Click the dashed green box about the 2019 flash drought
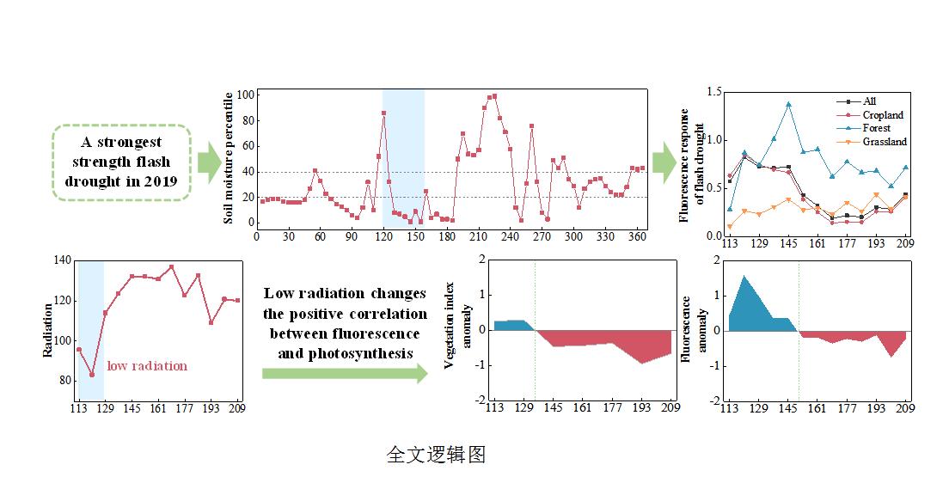coord(121,162)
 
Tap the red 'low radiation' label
coord(147,366)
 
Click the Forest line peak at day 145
coord(788,104)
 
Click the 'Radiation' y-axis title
coord(48,331)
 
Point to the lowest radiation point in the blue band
coord(91,375)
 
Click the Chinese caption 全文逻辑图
coord(436,455)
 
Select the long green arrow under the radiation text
coord(344,373)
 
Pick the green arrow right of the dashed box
coord(209,162)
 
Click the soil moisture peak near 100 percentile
coord(494,96)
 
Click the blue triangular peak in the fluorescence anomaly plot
coord(744,276)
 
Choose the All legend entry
coord(870,101)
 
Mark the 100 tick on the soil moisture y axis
coord(244,95)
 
